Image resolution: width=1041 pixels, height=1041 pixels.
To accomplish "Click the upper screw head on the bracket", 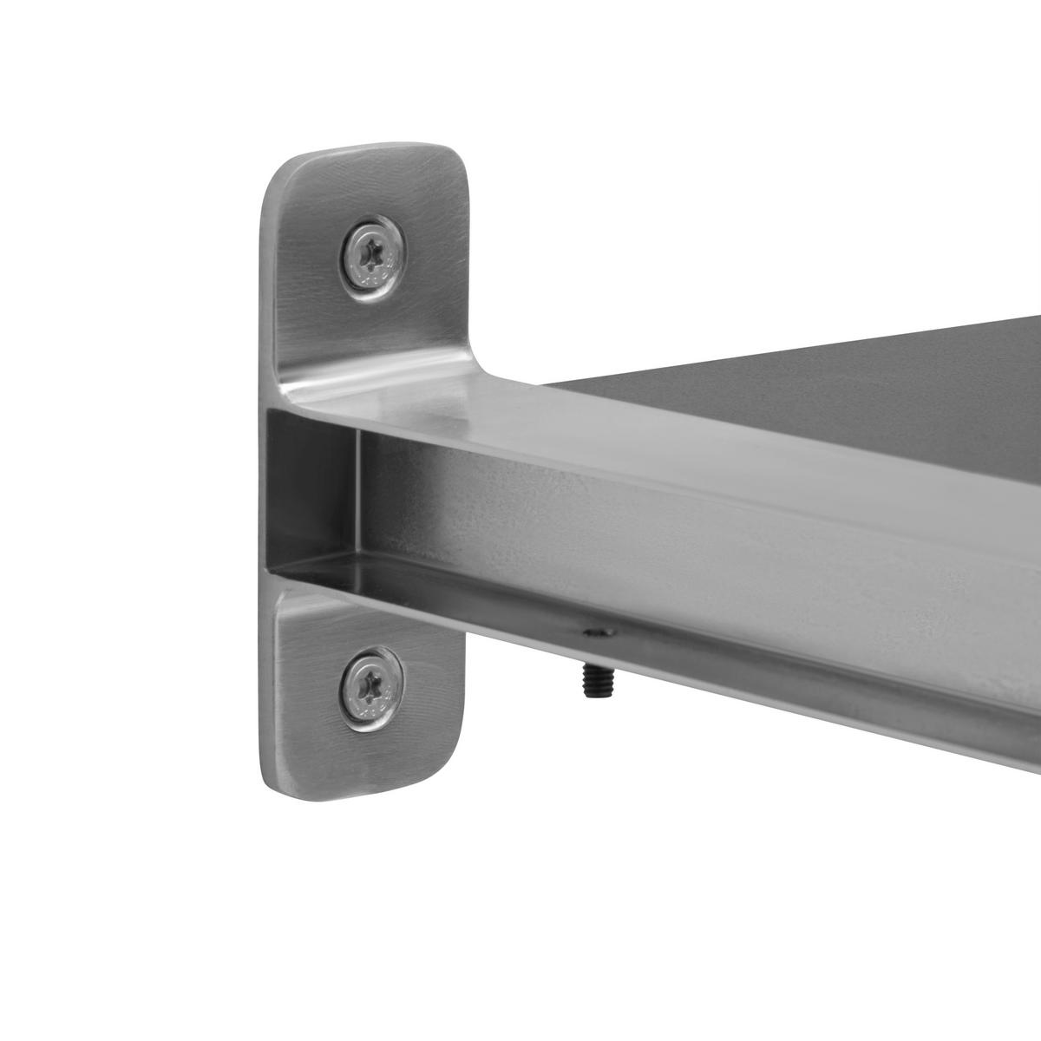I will coord(372,258).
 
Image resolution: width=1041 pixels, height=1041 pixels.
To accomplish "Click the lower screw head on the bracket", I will coord(371,689).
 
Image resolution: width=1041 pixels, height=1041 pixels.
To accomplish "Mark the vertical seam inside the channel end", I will coord(358,494).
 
